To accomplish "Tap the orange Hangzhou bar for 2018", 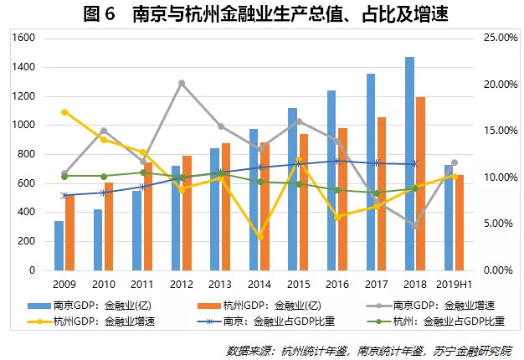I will click(421, 184).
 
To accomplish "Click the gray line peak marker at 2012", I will click(182, 83).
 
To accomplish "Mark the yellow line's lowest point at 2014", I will click(260, 237).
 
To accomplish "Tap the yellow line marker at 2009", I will click(64, 112).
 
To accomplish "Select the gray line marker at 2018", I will click(415, 226).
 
